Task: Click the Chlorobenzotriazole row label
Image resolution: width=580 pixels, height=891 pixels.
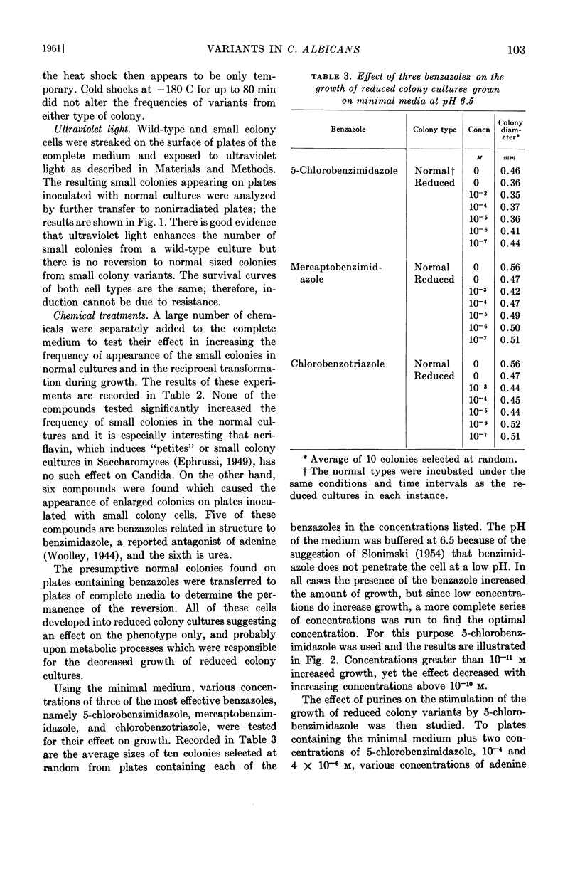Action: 338,364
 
